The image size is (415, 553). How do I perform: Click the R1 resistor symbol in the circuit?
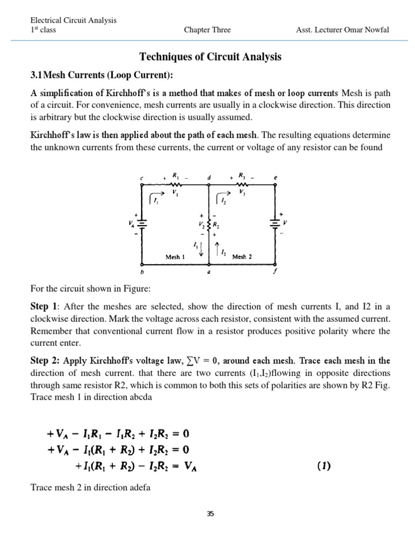(176, 183)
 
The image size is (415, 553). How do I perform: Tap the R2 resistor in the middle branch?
(209, 224)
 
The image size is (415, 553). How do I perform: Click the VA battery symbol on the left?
(142, 222)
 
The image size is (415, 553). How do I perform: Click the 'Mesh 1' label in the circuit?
(175, 257)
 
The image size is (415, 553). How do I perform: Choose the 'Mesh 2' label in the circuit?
(242, 257)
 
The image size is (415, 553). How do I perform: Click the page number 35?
(210, 514)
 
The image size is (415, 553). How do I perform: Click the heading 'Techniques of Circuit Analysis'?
(211, 57)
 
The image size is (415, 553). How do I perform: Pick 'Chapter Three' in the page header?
(207, 30)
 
